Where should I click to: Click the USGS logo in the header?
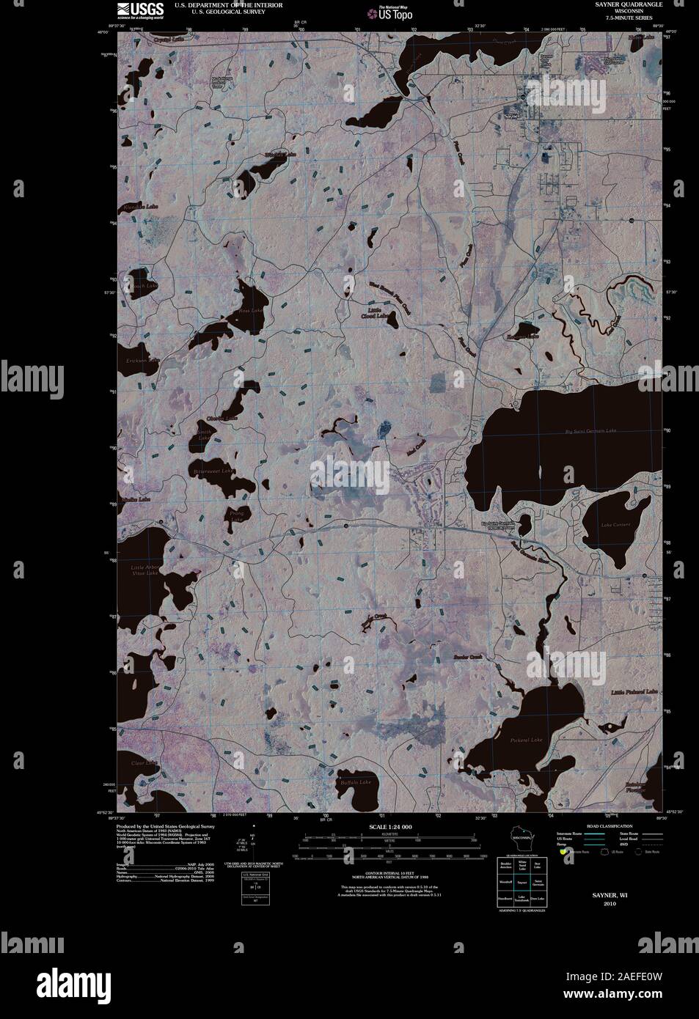point(132,9)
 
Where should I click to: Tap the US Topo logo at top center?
point(391,12)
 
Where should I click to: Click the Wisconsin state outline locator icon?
point(521,838)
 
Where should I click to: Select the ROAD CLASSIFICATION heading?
point(610,827)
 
